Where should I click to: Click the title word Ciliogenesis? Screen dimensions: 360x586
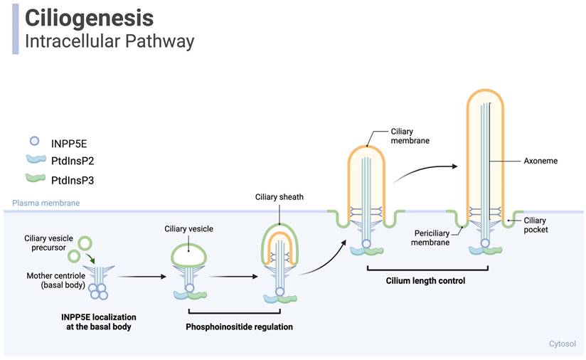tap(89, 17)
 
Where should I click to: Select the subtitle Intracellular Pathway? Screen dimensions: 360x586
tap(109, 41)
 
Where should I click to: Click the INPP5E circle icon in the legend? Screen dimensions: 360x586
tap(33, 141)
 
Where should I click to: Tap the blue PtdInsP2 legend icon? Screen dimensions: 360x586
tap(33, 161)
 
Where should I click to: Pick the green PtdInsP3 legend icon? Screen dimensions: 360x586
tap(33, 180)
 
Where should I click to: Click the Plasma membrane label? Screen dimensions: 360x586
tap(46, 203)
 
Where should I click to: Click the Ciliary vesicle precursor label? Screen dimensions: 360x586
tap(48, 243)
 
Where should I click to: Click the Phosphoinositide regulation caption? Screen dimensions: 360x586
tap(239, 327)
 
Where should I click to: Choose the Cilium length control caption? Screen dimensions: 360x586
tap(427, 280)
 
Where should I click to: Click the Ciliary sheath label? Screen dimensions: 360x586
tap(279, 196)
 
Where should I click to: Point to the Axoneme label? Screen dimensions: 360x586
tap(540, 161)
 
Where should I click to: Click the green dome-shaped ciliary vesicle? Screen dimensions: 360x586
tap(188, 253)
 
